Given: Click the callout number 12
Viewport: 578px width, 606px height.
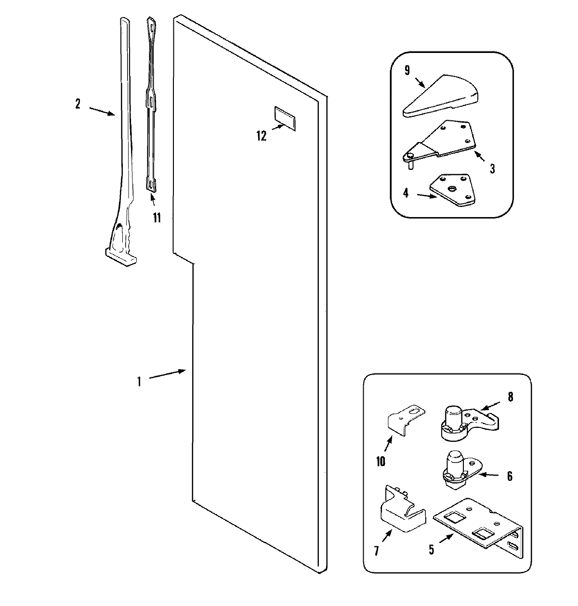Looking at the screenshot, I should coord(261,136).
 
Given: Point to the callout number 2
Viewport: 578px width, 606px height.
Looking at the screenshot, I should coord(78,103).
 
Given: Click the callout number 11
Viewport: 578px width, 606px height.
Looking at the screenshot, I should coord(157,217).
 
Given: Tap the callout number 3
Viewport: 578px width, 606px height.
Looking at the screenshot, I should coord(492,168).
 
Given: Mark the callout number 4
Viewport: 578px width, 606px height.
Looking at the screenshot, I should coord(406,193).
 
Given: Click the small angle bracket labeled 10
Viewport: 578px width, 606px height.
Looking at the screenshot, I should coord(406,418).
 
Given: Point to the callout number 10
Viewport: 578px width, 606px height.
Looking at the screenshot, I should coord(381,461).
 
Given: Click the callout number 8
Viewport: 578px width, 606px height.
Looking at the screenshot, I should coord(510,397).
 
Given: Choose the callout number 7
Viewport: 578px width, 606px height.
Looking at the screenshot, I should coord(376,550).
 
